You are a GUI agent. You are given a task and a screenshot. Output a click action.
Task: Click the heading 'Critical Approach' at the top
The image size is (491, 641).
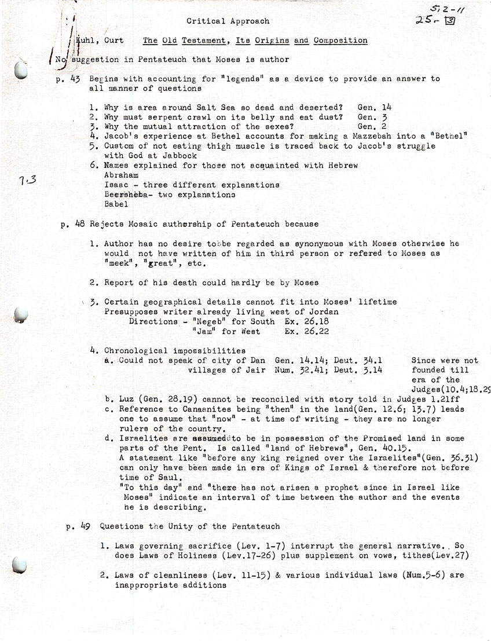pyautogui.click(x=228, y=21)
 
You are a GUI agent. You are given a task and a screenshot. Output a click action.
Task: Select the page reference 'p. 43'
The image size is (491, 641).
pyautogui.click(x=68, y=79)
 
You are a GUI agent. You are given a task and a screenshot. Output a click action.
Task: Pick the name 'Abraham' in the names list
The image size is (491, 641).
pyautogui.click(x=121, y=175)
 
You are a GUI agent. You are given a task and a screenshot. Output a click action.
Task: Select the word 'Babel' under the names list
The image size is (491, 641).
pyautogui.click(x=116, y=204)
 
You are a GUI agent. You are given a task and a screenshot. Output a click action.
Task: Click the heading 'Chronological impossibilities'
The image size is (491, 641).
pyautogui.click(x=175, y=350)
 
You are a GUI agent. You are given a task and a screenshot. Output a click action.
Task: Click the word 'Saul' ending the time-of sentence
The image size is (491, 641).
pyautogui.click(x=172, y=478)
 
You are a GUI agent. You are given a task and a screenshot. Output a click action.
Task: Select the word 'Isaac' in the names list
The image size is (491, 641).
pyautogui.click(x=116, y=185)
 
